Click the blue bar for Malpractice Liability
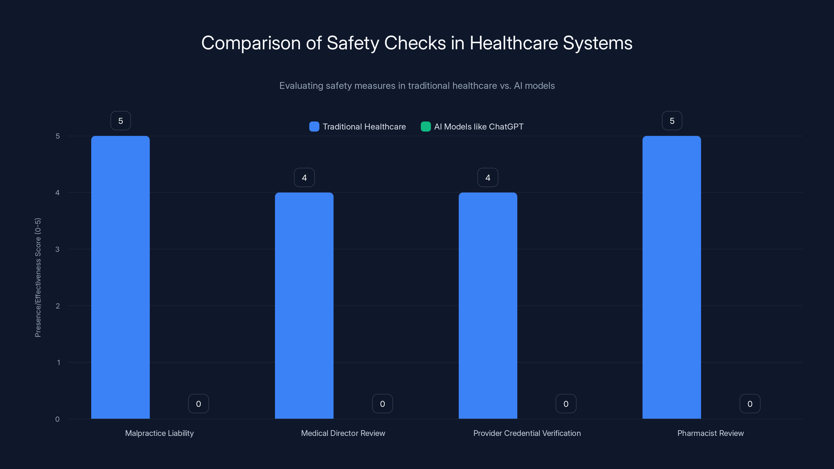120,277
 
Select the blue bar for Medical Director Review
304,306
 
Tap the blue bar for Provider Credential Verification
488,306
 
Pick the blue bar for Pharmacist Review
671,277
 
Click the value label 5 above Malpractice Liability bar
120,121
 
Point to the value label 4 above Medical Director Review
304,177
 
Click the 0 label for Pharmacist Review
750,404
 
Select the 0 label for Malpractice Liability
198,404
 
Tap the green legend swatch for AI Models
425,127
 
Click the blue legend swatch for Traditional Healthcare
314,127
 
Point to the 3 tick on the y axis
57,249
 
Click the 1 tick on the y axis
58,362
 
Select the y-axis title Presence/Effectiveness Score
38,277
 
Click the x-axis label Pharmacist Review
710,433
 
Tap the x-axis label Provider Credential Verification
527,433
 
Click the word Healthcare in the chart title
513,43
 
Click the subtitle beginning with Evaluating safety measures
417,85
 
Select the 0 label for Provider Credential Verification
566,404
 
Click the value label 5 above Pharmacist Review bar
672,121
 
